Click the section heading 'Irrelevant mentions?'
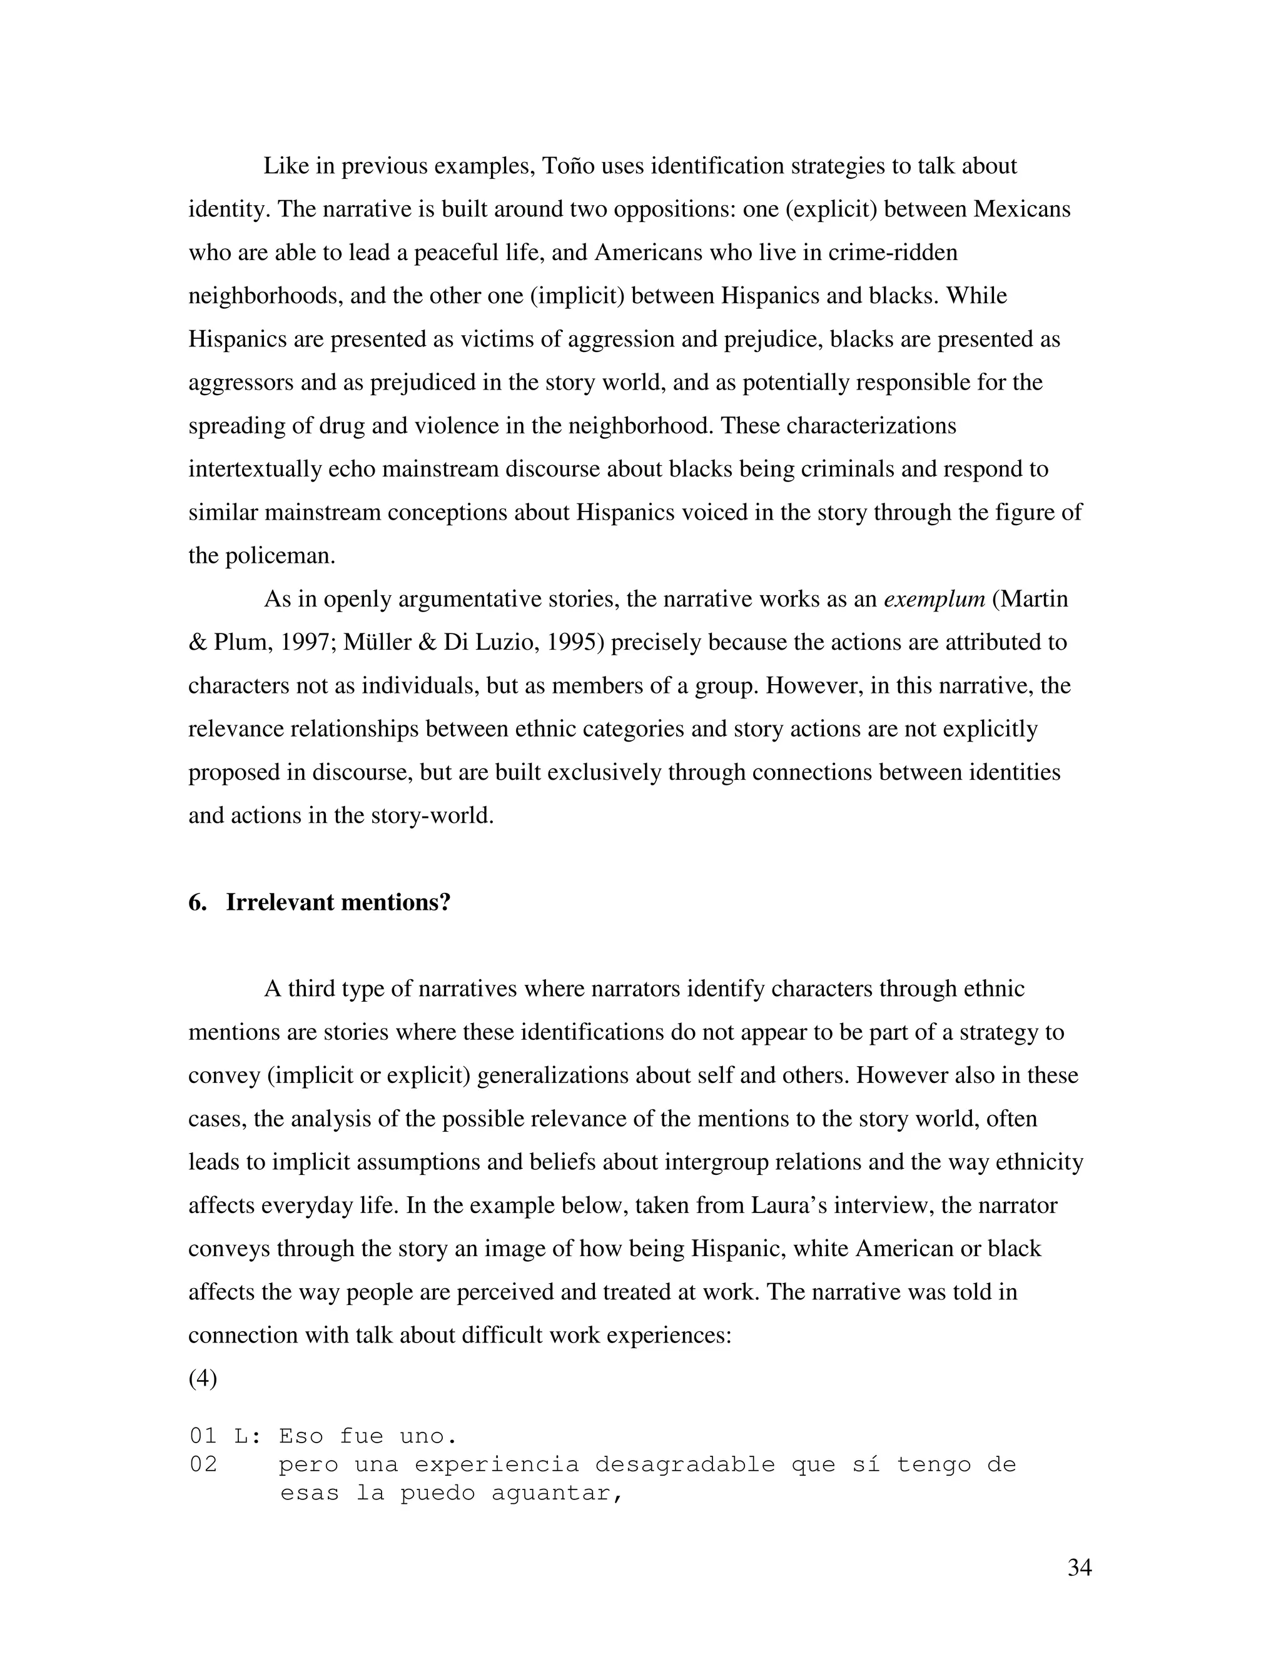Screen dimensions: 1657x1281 tap(338, 903)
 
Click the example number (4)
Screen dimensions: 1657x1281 tap(203, 1377)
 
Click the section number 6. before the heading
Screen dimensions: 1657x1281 tap(197, 903)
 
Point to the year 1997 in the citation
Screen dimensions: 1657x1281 tap(306, 642)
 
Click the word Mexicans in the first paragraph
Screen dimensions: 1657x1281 tap(1021, 209)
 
